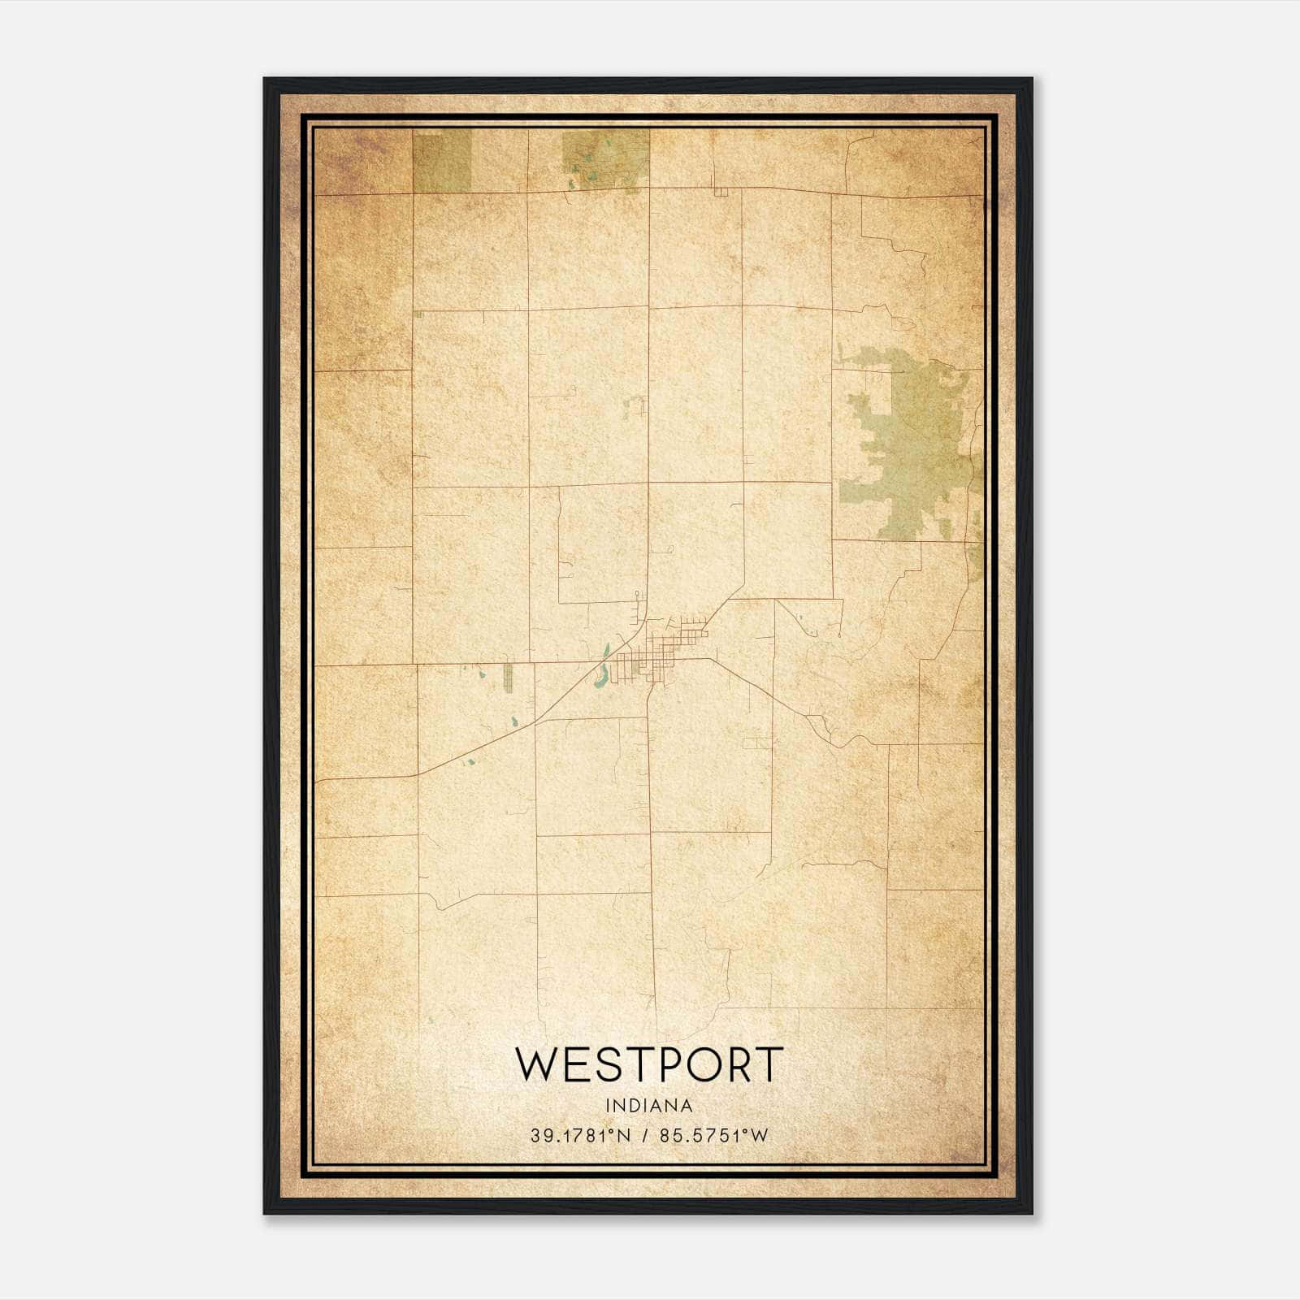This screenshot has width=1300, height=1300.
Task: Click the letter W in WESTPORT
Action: click(538, 1064)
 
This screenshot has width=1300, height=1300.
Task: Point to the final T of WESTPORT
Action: click(767, 1064)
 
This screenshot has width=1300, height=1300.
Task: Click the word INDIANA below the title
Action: click(649, 1106)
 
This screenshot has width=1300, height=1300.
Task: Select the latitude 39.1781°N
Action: click(580, 1136)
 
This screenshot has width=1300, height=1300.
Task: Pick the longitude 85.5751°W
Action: click(713, 1136)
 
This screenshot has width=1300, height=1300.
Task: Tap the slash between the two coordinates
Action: click(645, 1136)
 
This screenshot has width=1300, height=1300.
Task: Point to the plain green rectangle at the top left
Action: click(442, 161)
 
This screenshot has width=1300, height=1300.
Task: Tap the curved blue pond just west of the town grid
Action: click(601, 674)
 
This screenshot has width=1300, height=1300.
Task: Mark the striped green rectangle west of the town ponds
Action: click(509, 678)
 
